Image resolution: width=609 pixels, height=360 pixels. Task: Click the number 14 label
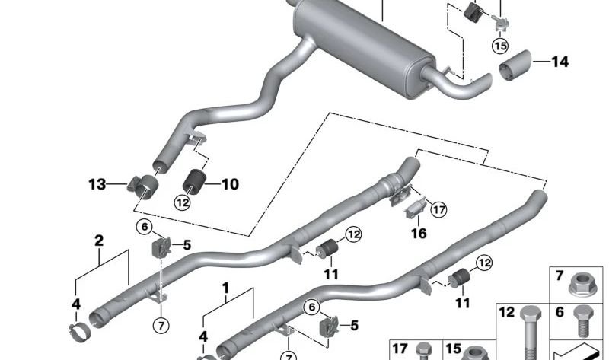pos(560,62)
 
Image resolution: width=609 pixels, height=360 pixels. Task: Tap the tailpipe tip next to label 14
pos(517,68)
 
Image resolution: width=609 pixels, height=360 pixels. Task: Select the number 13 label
pos(97,183)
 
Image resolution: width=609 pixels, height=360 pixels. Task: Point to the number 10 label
pos(230,183)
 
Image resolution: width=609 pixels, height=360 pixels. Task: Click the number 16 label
pos(419,234)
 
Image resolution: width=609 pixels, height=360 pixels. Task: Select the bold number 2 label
pos(98,241)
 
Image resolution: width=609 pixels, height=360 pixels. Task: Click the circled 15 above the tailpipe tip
pos(499,46)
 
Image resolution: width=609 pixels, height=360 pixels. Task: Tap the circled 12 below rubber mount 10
pos(182,202)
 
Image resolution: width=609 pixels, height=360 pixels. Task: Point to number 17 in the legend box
pos(400,348)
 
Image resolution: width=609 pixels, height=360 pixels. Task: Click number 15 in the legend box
pos(454,348)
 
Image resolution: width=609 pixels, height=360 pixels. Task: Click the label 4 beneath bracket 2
pos(75,304)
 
